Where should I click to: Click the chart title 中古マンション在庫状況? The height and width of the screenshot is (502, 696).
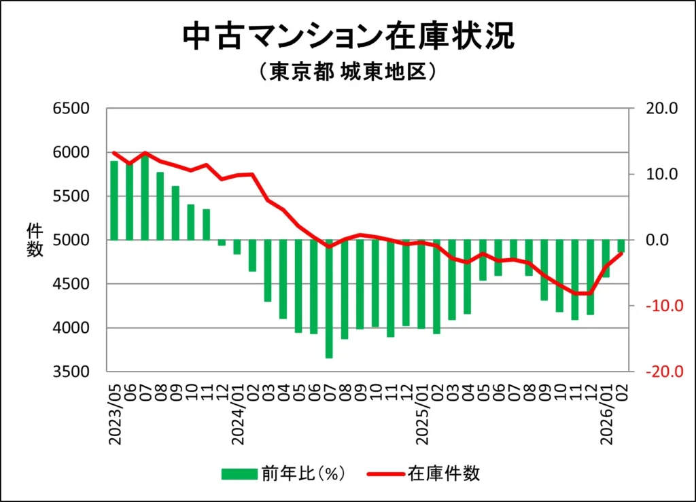tap(348, 37)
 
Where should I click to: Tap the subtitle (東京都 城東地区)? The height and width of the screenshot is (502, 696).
tap(347, 72)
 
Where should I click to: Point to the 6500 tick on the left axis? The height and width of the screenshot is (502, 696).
tap(71, 109)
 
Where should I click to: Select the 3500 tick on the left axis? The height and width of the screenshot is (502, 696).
tap(71, 372)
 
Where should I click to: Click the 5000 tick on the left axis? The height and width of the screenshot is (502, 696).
tap(71, 240)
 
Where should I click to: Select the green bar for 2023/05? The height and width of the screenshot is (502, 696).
tap(114, 200)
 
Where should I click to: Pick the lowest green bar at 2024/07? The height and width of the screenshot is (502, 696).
tap(330, 299)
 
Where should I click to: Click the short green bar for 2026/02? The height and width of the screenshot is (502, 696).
tap(621, 246)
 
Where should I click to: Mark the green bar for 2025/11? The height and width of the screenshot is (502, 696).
tap(574, 279)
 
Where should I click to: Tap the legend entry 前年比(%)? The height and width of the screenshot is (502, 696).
tap(283, 473)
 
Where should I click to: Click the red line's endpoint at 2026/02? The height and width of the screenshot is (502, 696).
tap(621, 253)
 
